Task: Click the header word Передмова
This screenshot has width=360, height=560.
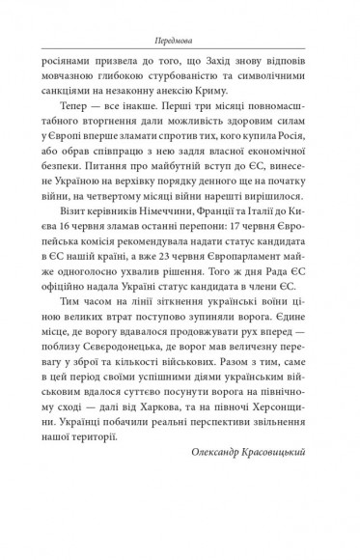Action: pos(180,42)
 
